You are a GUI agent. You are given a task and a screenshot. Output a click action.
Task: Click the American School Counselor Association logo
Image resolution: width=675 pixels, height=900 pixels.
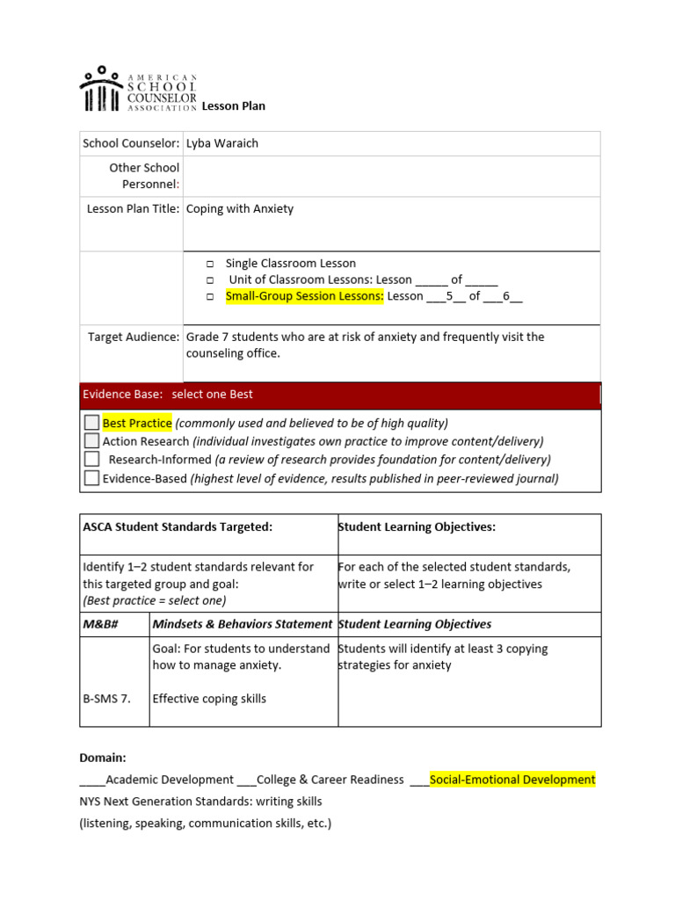pos(138,89)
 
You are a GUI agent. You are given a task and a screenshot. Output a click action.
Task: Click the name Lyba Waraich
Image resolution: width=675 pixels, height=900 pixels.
pos(222,143)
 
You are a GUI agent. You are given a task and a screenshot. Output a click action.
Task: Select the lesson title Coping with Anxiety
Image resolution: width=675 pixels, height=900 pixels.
pos(240,209)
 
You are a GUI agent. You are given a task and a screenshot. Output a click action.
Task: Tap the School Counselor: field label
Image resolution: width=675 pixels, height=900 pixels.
pos(131,143)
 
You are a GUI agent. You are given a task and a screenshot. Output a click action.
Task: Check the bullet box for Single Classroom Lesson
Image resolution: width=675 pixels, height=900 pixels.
pos(211,264)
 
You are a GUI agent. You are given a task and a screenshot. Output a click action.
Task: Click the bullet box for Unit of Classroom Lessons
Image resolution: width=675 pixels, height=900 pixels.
pos(211,280)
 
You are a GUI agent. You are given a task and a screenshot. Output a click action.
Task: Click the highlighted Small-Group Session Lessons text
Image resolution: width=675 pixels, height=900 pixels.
pos(305,296)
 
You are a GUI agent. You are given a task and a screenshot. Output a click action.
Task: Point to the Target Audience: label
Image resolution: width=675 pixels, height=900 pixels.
pos(134,337)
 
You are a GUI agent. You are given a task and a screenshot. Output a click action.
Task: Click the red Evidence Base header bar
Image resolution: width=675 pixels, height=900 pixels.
pos(340,395)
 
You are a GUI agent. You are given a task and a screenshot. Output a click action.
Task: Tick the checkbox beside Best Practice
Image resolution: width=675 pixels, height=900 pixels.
pos(91,423)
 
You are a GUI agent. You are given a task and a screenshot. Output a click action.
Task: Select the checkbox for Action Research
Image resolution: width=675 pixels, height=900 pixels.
pos(91,441)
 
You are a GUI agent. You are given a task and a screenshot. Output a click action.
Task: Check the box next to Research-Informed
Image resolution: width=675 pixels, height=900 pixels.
pos(91,459)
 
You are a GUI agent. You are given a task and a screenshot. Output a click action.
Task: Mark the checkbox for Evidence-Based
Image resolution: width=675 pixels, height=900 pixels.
pos(91,478)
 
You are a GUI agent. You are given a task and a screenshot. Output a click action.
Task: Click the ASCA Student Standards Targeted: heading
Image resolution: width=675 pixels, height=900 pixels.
pos(178,526)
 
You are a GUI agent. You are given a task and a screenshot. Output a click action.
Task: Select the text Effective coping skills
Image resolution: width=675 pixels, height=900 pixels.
pos(209,699)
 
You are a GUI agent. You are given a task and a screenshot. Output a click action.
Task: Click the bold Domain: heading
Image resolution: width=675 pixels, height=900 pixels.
pos(103,757)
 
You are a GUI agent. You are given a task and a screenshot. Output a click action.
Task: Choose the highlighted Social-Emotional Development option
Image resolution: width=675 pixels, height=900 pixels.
pos(512,780)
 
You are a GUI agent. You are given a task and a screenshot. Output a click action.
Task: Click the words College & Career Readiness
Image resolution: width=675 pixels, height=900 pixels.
pos(330,780)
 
